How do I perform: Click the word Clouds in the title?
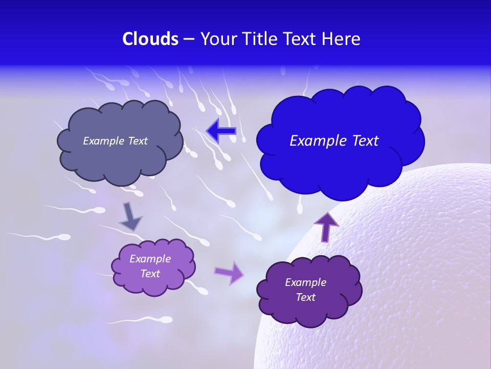(x=150, y=39)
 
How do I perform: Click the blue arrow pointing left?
(x=221, y=131)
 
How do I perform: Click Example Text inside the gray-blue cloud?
(x=115, y=141)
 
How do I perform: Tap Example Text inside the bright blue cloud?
(x=334, y=141)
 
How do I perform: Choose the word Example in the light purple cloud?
(x=150, y=259)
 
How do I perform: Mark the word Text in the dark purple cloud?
(x=305, y=297)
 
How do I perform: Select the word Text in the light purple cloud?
(x=150, y=274)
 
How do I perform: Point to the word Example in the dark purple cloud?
(x=305, y=282)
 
